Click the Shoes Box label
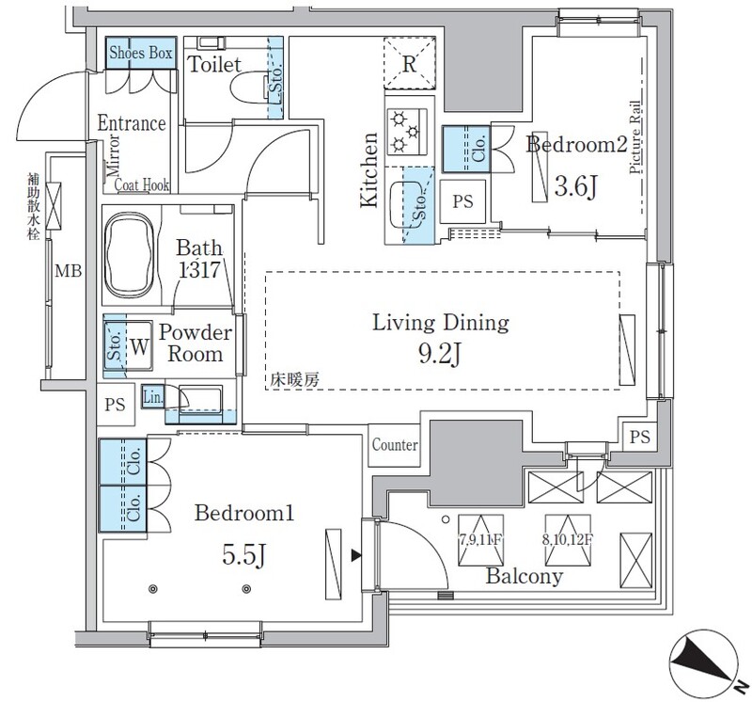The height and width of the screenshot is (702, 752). (140, 54)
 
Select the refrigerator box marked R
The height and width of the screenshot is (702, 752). (410, 64)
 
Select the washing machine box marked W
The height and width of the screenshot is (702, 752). (138, 344)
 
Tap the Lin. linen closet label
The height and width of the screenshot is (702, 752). (152, 397)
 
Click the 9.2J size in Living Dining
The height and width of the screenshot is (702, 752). (441, 357)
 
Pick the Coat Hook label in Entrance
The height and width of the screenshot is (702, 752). (142, 186)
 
